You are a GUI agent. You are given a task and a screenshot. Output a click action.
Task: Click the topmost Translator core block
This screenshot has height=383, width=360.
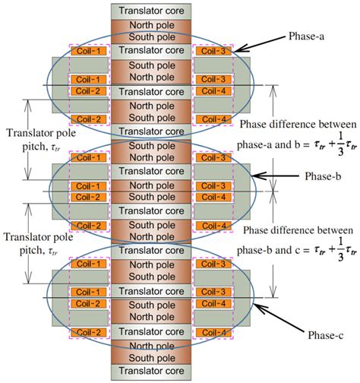pyautogui.click(x=150, y=10)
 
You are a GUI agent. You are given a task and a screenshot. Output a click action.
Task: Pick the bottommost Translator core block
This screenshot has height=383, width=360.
pyautogui.click(x=150, y=372)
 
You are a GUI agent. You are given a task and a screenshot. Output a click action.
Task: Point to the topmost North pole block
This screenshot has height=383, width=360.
pyautogui.click(x=150, y=24)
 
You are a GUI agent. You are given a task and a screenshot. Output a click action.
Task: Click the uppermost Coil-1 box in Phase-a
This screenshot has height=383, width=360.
pyautogui.click(x=90, y=51)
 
